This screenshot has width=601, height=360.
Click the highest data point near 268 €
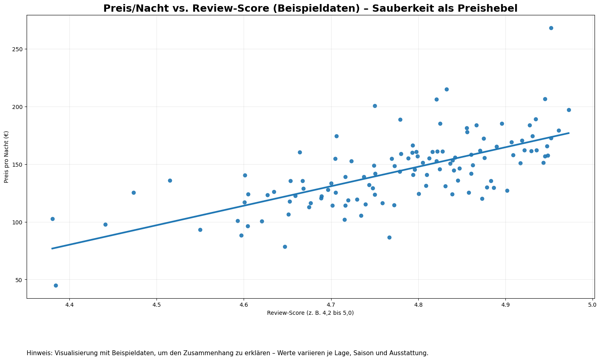551,28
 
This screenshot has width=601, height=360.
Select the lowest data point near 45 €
56,285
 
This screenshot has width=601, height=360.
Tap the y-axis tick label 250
18,49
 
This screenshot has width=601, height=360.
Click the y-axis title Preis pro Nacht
7,157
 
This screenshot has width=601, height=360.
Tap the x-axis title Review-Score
310,313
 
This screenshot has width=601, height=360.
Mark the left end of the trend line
52,248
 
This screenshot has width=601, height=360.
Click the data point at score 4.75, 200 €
375,106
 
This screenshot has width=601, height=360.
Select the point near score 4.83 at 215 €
447,89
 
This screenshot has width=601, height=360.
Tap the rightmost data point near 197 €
569,110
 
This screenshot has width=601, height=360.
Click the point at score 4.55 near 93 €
200,230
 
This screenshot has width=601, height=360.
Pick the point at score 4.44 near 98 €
105,224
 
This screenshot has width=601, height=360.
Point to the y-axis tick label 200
18,107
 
